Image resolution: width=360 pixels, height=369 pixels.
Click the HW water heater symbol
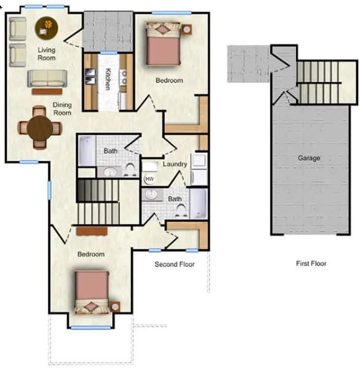149,179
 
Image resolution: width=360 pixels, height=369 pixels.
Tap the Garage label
309,158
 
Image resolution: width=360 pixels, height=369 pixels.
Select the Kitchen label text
108,79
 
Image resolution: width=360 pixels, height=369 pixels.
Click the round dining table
39,128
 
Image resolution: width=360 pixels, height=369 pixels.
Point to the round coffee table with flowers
47,28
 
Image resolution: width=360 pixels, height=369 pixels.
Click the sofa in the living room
47,79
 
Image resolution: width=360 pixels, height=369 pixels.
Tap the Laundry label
175,164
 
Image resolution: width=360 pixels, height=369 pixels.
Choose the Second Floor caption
174,264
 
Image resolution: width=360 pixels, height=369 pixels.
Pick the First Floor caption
311,263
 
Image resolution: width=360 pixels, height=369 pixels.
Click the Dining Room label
62,109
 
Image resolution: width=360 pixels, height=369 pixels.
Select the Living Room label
47,53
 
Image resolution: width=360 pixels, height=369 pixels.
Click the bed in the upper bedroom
163,44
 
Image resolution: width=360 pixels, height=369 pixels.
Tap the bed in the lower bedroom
92,292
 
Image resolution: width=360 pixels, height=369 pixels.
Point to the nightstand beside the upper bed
187,29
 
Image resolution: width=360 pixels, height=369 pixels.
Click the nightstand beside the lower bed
115,306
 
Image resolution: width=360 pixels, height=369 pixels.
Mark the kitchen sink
90,76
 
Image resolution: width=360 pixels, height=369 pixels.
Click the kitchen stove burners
123,77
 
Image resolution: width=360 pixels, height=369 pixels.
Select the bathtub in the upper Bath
87,150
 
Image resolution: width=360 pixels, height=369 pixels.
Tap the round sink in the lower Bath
150,195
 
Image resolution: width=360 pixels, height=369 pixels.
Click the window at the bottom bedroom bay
91,327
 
